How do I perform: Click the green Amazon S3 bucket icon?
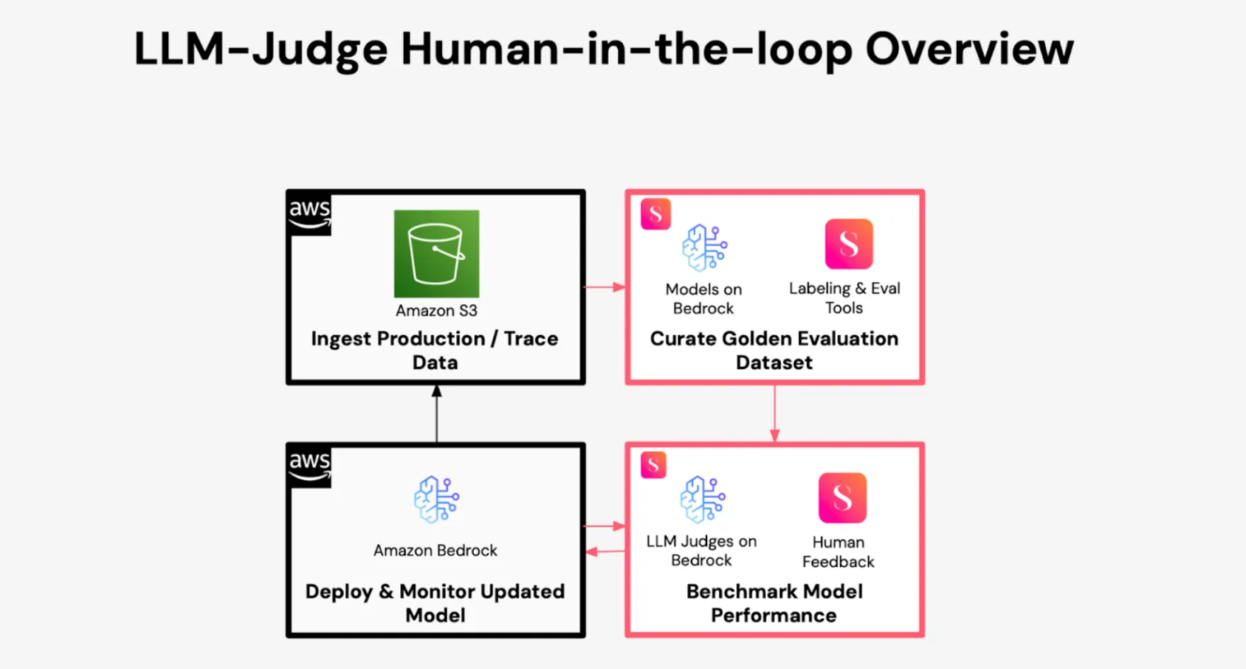click(x=436, y=253)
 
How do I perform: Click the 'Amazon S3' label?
click(x=436, y=310)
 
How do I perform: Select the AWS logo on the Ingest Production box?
click(x=309, y=213)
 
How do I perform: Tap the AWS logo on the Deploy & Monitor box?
click(x=309, y=465)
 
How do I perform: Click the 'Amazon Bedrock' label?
click(x=436, y=550)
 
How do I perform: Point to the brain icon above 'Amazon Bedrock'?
click(x=436, y=499)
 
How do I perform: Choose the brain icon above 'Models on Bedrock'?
click(x=704, y=248)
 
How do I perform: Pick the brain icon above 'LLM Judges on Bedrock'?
click(x=702, y=499)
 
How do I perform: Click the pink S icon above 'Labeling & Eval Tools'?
click(x=849, y=244)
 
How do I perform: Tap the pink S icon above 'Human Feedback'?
click(x=842, y=498)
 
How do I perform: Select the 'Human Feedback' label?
click(x=838, y=552)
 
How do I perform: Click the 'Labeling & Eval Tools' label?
click(x=844, y=298)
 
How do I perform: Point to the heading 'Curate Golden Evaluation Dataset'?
click(x=774, y=350)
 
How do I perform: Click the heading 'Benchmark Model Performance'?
click(x=774, y=603)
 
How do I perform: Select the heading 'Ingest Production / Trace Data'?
click(x=435, y=350)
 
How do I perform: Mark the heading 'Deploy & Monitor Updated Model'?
click(x=435, y=603)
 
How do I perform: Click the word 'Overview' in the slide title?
click(x=970, y=49)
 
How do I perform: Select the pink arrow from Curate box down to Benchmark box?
click(x=775, y=414)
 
